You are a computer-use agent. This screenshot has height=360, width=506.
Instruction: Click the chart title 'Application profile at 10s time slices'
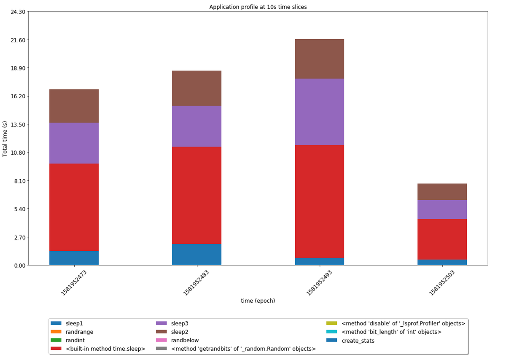(258, 7)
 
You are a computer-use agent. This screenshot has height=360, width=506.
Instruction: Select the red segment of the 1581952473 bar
(74, 207)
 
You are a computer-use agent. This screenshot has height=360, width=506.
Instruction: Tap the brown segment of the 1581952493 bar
(319, 59)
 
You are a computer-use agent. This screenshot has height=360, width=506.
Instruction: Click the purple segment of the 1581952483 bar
(196, 126)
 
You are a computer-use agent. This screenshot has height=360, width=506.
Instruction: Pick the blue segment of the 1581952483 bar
(196, 254)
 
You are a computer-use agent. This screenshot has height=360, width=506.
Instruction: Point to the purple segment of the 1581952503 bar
(442, 210)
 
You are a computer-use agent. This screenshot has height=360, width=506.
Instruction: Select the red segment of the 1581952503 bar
(442, 239)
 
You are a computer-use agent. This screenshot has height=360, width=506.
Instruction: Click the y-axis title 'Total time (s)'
(5, 138)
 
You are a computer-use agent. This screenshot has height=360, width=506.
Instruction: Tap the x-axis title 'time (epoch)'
(258, 301)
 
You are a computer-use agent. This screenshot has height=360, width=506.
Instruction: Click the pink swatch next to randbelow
(161, 340)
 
